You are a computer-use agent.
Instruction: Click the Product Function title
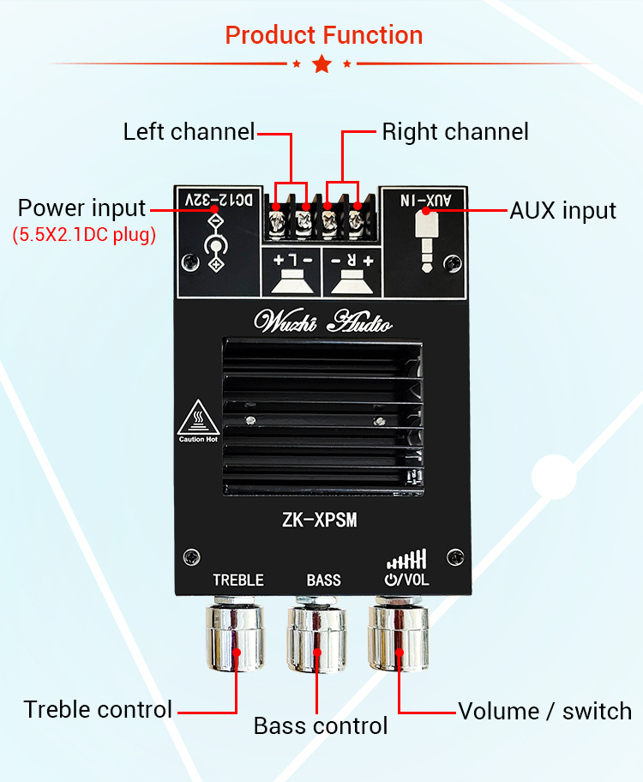[323, 35]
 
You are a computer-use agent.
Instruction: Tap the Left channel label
[189, 132]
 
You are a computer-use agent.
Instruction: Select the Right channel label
[455, 132]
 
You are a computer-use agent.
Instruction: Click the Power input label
[82, 208]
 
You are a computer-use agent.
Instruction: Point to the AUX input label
[563, 211]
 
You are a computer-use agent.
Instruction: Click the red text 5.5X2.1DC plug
[84, 235]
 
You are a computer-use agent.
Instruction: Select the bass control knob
[319, 639]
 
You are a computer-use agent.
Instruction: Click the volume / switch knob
[400, 639]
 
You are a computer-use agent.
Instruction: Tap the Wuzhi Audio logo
[323, 322]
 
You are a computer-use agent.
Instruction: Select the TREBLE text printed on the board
[238, 580]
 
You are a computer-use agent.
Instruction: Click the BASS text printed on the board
[323, 580]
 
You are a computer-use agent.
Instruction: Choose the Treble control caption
[98, 710]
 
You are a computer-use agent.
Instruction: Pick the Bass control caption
[320, 726]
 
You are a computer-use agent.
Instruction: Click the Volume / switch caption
[544, 711]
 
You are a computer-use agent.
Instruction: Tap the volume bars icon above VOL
[406, 561]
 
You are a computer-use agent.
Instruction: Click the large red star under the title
[321, 63]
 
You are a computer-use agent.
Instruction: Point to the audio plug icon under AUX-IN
[424, 238]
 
